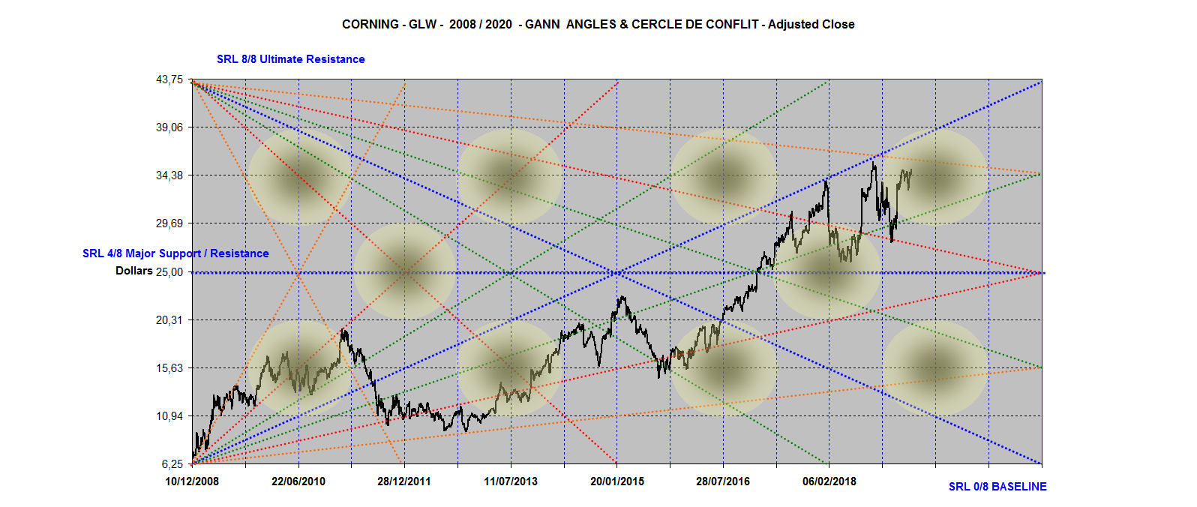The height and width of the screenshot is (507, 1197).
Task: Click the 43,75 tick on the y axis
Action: pos(169,79)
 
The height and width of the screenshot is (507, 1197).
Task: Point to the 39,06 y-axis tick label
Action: pos(169,127)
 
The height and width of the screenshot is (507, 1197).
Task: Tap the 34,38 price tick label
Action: pos(169,175)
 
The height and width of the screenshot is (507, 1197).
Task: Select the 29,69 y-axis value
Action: pos(169,223)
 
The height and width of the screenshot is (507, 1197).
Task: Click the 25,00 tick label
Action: pos(169,271)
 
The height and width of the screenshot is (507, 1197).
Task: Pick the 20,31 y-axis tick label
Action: pos(169,320)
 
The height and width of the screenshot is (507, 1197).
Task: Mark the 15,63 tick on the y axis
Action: pos(169,368)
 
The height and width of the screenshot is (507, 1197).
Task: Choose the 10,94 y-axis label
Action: pos(169,416)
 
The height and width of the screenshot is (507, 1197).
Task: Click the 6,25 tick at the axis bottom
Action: pos(172,464)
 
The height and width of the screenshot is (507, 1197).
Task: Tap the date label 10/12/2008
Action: pos(192,481)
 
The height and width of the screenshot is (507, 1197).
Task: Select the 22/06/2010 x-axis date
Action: pos(298,481)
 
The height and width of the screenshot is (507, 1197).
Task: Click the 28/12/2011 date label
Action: pos(404,481)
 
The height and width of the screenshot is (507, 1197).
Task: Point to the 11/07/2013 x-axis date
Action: pos(511,481)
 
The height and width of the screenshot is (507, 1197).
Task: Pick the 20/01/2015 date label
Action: pos(617,481)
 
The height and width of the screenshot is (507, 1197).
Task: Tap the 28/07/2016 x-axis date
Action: pos(723,481)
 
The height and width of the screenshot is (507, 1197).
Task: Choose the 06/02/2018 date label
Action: pos(829,481)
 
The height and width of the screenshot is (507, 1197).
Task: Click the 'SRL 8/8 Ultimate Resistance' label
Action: pos(291,59)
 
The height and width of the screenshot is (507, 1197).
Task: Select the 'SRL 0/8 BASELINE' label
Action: pos(997,487)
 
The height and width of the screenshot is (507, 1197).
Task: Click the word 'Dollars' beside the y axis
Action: pos(134,271)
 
